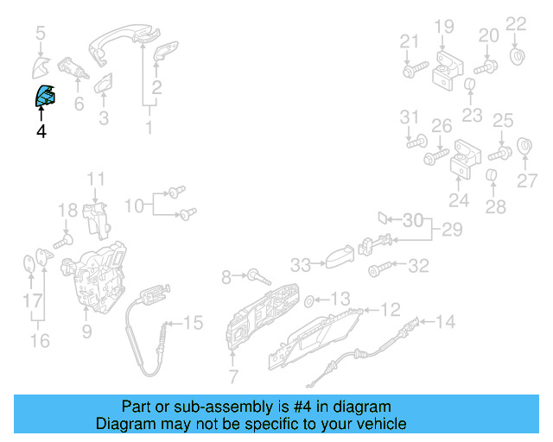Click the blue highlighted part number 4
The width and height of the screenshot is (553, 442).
click(43, 96)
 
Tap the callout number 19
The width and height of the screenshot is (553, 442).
click(443, 27)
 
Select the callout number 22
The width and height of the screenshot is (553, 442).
click(515, 23)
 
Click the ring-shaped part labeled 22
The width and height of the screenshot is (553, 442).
click(517, 59)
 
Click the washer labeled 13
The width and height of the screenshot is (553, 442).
click(310, 300)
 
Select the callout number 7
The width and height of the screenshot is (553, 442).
click(232, 376)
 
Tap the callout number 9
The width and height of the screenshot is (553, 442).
click(86, 330)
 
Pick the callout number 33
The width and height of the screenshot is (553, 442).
click(300, 264)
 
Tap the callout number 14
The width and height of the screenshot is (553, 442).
click(444, 323)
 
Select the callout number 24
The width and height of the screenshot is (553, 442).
click(458, 200)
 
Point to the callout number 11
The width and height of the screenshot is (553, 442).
click(95, 180)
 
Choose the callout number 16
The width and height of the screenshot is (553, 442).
click(40, 340)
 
